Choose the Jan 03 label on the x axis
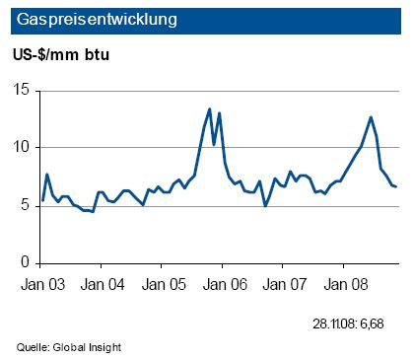[x=41, y=283]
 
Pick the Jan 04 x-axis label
[x=102, y=283]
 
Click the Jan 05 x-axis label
[x=162, y=283]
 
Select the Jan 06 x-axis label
[x=223, y=283]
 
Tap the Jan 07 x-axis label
[x=283, y=283]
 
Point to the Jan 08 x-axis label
[x=343, y=283]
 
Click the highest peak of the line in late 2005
[x=210, y=109]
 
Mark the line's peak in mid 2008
[x=371, y=117]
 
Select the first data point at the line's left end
[x=42, y=200]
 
